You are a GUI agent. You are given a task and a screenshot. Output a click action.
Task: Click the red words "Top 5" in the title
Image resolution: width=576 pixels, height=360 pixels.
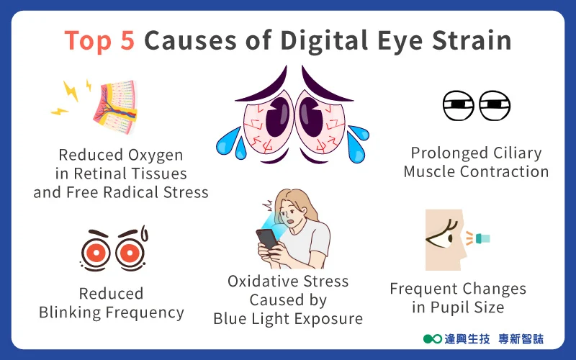(x=99, y=40)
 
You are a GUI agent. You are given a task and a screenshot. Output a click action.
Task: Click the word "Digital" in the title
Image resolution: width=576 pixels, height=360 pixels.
(x=324, y=40)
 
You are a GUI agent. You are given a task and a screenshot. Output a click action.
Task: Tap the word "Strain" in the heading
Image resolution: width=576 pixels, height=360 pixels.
(x=472, y=40)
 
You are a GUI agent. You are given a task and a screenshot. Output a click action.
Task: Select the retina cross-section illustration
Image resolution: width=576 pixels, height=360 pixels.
(x=115, y=107)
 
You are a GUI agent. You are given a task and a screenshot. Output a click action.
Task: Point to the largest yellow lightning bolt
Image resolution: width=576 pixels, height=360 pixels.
(x=70, y=91)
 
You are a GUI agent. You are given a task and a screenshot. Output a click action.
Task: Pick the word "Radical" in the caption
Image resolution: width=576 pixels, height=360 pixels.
(x=131, y=192)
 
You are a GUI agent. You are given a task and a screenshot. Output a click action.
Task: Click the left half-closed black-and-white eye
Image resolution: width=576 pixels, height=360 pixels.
(x=458, y=105)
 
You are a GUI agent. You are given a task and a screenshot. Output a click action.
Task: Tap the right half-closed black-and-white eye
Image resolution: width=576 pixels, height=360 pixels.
(x=495, y=105)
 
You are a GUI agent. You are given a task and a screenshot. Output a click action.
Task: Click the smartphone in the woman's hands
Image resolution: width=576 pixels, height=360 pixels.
(x=266, y=240)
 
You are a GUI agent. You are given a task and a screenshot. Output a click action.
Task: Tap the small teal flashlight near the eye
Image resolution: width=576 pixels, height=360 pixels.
(x=482, y=238)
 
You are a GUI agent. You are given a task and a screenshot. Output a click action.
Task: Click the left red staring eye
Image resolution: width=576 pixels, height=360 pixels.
(x=96, y=253)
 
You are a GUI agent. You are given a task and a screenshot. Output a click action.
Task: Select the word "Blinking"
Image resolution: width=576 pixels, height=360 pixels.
(x=70, y=312)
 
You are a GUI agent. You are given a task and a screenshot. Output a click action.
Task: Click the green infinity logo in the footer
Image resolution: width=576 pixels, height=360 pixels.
(x=433, y=338)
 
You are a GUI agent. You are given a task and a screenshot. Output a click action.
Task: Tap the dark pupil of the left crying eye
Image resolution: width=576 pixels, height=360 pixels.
(x=277, y=117)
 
